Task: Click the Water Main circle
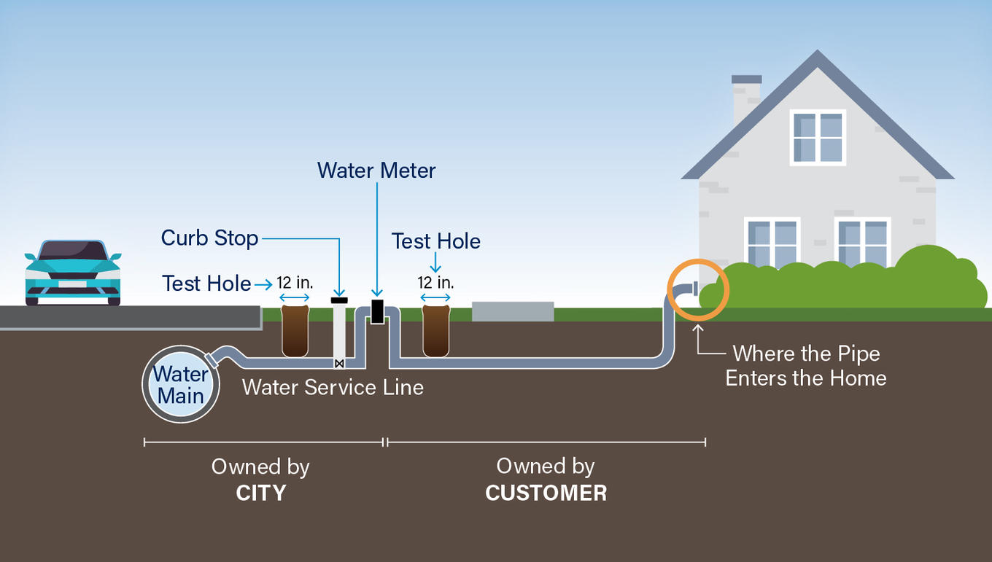pos(181,385)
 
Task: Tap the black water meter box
pos(377,311)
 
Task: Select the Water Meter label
pos(376,171)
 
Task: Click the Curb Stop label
pos(210,238)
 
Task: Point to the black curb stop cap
pos(339,300)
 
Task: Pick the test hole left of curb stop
pos(295,331)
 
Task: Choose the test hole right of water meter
pos(435,331)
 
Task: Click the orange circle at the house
pos(697,289)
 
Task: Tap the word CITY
pos(261,493)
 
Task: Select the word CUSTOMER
pos(546,493)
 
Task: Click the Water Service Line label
pos(333,387)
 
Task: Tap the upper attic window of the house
pos(818,137)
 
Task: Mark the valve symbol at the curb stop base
pos(339,363)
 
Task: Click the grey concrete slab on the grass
pos(513,311)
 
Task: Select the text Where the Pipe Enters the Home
pos(806,366)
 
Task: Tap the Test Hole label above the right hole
pos(436,241)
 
